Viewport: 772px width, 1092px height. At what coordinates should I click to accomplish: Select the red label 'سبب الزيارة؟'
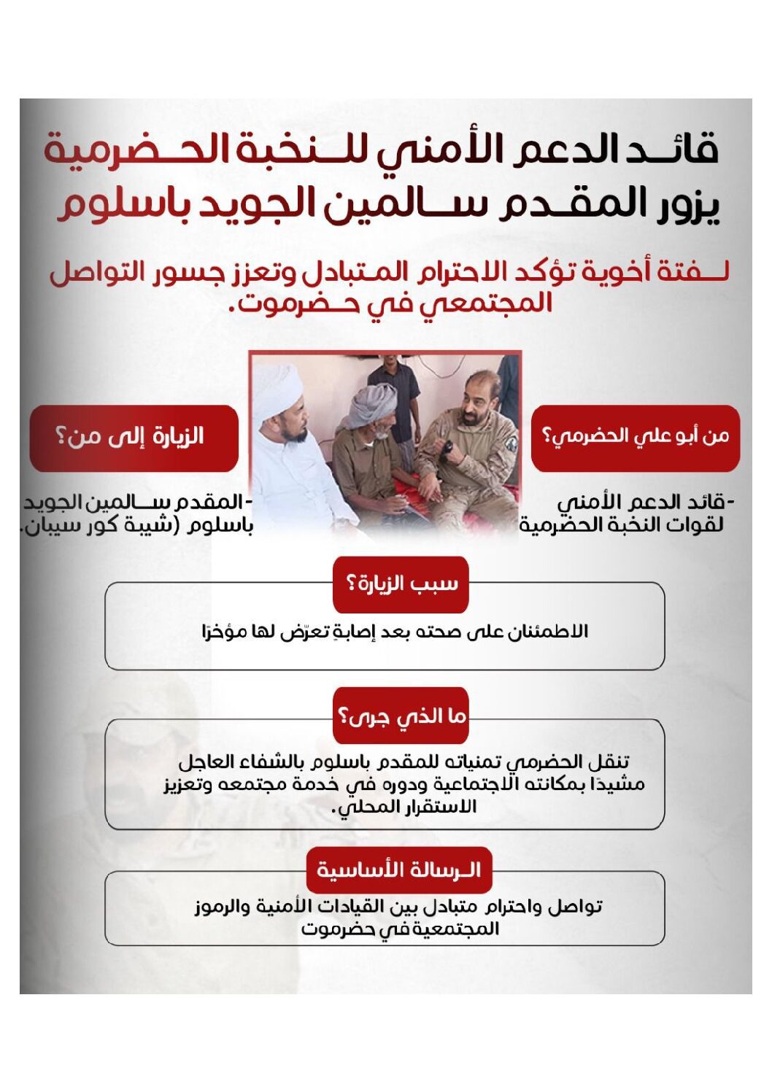[x=401, y=584]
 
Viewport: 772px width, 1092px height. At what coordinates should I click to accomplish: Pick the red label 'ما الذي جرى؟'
[x=401, y=716]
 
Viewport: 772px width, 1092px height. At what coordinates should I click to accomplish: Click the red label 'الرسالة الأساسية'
[x=399, y=870]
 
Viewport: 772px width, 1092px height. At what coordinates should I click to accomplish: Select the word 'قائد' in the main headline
[x=682, y=150]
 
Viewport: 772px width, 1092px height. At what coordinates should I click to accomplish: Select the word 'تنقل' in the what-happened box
[x=608, y=762]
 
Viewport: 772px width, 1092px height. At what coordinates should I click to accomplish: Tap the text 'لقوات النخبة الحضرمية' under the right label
[x=620, y=525]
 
